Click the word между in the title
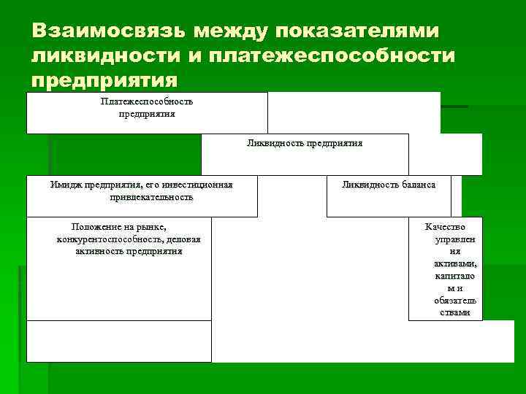pyautogui.click(x=222, y=31)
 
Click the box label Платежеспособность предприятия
pyautogui.click(x=147, y=107)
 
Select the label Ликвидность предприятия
pyautogui.click(x=305, y=143)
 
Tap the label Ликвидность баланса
pyautogui.click(x=389, y=185)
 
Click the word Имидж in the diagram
pyautogui.click(x=65, y=185)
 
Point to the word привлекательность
pyautogui.click(x=152, y=197)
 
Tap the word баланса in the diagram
pyautogui.click(x=417, y=185)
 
